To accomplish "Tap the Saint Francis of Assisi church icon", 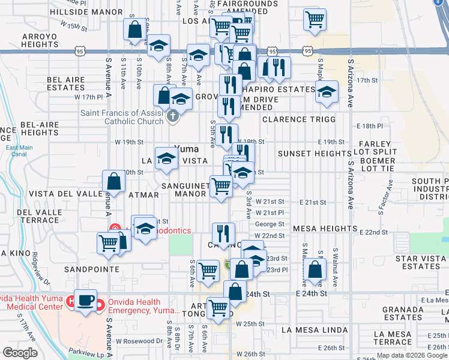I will coord(173,115).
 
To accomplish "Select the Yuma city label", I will coord(186,149).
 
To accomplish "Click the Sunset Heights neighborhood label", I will coord(312,154).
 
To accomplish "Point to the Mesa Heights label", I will coord(325,229).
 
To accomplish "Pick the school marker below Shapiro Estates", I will coord(327,92).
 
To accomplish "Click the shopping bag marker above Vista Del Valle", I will coord(113,181).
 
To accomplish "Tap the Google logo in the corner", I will coord(20,353).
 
